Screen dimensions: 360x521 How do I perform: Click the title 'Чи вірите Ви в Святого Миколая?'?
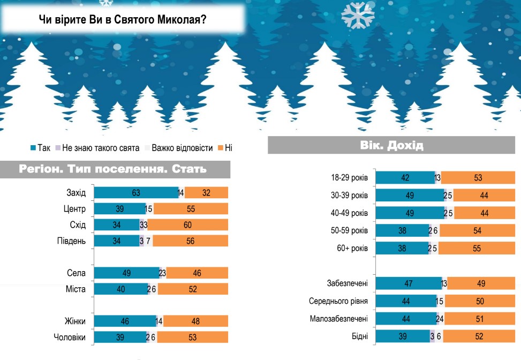coord(123,20)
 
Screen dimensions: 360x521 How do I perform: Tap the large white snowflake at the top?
coord(358,14)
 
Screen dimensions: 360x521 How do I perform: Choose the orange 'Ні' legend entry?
coord(225,148)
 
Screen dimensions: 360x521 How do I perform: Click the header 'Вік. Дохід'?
coord(392,145)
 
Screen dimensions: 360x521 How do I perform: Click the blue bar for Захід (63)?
coord(136,192)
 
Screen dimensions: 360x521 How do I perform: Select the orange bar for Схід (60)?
coord(187,224)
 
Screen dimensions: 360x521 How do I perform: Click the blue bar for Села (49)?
coord(126,273)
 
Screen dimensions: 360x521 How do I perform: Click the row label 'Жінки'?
coord(74,321)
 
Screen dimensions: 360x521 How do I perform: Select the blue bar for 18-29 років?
coord(405,178)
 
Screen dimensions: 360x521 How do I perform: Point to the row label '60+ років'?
coord(351,249)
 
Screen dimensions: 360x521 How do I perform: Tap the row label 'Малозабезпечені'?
coord(339,319)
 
